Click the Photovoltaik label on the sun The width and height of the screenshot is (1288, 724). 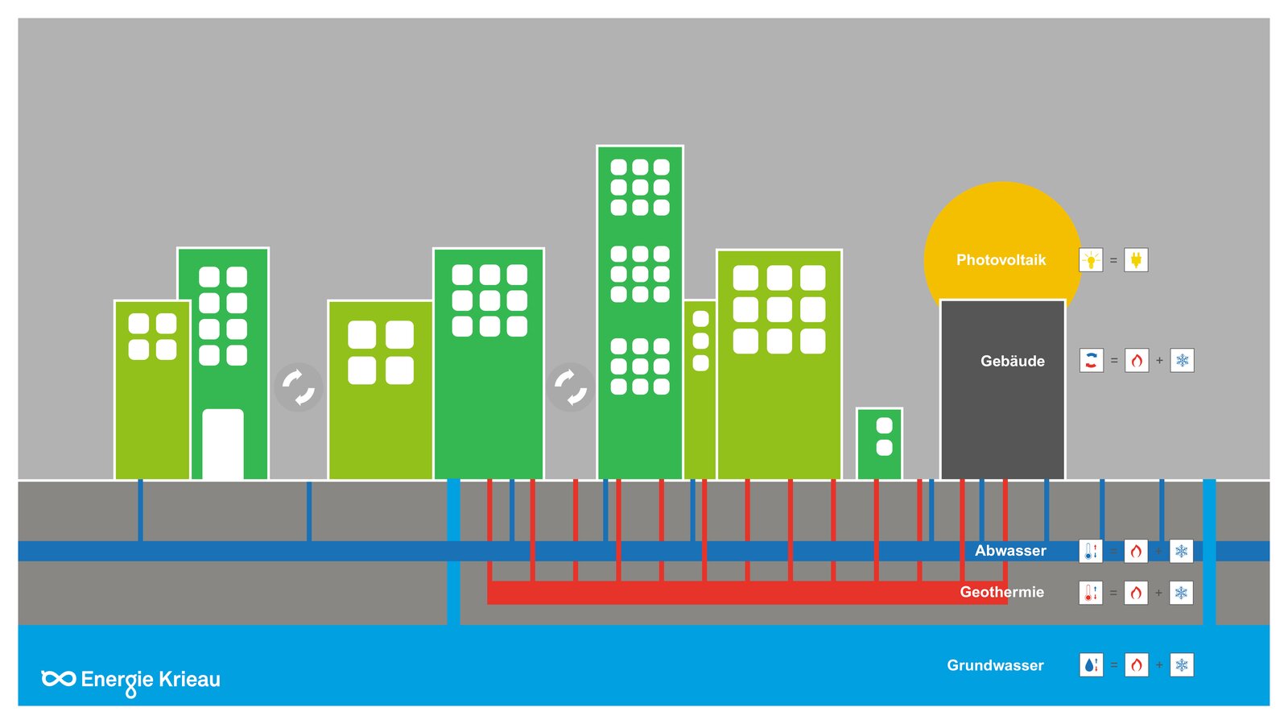(x=1001, y=260)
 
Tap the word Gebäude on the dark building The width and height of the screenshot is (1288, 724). (x=1012, y=361)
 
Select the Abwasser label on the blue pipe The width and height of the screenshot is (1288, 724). (x=1009, y=551)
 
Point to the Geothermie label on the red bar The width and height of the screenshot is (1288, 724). (x=1001, y=592)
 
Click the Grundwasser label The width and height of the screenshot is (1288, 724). (x=995, y=665)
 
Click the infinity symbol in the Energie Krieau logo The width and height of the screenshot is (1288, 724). (x=58, y=679)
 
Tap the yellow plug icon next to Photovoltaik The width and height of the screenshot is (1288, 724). (x=1136, y=260)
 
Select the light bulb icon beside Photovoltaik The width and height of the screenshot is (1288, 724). (x=1091, y=260)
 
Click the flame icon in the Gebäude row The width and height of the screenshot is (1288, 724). (x=1137, y=361)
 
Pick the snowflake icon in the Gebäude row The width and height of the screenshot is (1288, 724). (x=1183, y=361)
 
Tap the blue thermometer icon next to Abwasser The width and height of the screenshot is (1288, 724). (x=1091, y=551)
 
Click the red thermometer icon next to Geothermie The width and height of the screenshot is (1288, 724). (x=1091, y=593)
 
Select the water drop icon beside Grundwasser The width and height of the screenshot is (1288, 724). (x=1091, y=664)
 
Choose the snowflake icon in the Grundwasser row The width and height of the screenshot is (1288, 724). (x=1182, y=664)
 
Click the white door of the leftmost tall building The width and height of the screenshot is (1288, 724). (x=223, y=444)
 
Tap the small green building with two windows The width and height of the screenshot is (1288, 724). (x=879, y=444)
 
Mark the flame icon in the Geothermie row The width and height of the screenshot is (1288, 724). (x=1136, y=593)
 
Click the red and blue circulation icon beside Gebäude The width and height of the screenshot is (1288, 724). (x=1092, y=361)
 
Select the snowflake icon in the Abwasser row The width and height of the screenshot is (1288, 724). (x=1181, y=551)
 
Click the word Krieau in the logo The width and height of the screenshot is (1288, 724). (x=189, y=679)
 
